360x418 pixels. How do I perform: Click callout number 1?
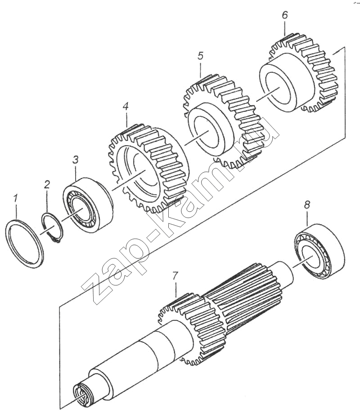pos(16,198)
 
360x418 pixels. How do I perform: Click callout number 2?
pos(47,184)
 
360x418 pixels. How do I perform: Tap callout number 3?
pos(76,160)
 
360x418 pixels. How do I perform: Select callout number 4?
pos(126,107)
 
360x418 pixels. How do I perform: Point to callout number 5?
pos(200,56)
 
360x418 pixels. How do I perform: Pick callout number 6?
pos(285,15)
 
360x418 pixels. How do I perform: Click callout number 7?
pos(175,276)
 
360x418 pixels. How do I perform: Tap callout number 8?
pos(307,205)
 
